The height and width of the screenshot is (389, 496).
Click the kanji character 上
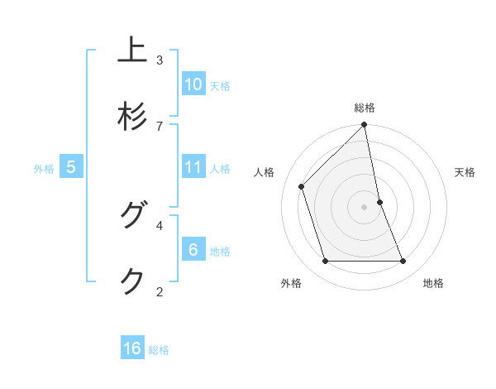(x=132, y=50)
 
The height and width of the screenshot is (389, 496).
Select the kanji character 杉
(x=132, y=117)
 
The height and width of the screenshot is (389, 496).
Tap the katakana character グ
(x=132, y=216)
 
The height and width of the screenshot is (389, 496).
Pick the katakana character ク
(x=132, y=281)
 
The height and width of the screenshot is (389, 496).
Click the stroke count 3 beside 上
(x=160, y=60)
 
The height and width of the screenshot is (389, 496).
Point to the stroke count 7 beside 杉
(x=160, y=125)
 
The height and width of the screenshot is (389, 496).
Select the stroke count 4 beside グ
(x=160, y=224)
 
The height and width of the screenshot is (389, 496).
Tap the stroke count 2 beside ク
(x=160, y=291)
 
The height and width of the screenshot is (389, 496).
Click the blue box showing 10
(x=193, y=84)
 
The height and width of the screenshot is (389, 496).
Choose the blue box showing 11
(x=193, y=167)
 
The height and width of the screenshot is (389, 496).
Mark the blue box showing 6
(x=193, y=250)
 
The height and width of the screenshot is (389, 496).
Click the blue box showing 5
(x=71, y=167)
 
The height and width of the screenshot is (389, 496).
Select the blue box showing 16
(x=132, y=348)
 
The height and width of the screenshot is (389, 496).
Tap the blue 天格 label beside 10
(x=219, y=85)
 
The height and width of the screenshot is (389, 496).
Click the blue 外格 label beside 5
(x=44, y=168)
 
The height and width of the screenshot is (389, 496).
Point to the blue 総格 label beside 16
(x=159, y=349)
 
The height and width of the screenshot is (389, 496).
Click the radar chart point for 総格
(x=364, y=125)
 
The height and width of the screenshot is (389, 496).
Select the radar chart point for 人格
(x=302, y=187)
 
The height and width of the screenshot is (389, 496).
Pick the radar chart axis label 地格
(x=433, y=283)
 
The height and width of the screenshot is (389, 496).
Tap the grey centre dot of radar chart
(x=364, y=206)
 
